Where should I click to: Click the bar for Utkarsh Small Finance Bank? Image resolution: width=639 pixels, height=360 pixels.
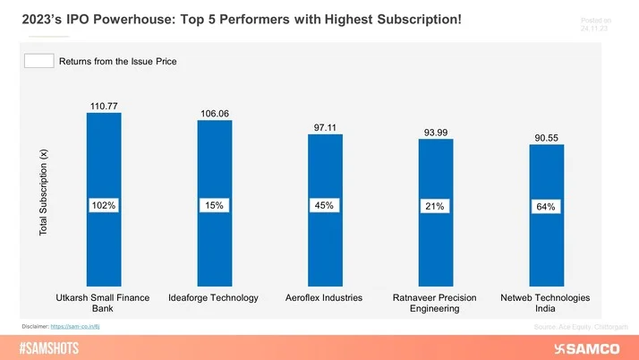pyautogui.click(x=103, y=242)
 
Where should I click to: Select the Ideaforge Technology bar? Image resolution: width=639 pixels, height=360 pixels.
pyautogui.click(x=214, y=246)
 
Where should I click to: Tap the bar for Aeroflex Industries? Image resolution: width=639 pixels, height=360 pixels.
pyautogui.click(x=325, y=251)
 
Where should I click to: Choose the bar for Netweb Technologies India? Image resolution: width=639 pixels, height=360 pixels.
pyautogui.click(x=547, y=255)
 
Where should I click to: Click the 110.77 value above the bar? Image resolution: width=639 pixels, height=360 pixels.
pyautogui.click(x=104, y=106)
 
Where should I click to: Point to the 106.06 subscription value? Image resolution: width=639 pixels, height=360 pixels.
pyautogui.click(x=215, y=113)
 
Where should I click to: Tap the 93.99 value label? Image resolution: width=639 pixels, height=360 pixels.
pyautogui.click(x=436, y=133)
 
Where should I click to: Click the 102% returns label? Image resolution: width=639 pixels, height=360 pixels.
pyautogui.click(x=104, y=206)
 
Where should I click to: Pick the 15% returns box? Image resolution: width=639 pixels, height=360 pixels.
pyautogui.click(x=215, y=206)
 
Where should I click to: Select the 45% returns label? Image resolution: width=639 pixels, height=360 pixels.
pyautogui.click(x=325, y=206)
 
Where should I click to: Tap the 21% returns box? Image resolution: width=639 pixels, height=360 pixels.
pyautogui.click(x=436, y=207)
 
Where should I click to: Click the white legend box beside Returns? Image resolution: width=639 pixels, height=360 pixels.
pyautogui.click(x=38, y=61)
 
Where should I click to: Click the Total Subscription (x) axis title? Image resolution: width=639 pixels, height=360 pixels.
pyautogui.click(x=43, y=193)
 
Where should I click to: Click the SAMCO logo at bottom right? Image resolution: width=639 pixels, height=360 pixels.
pyautogui.click(x=591, y=347)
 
